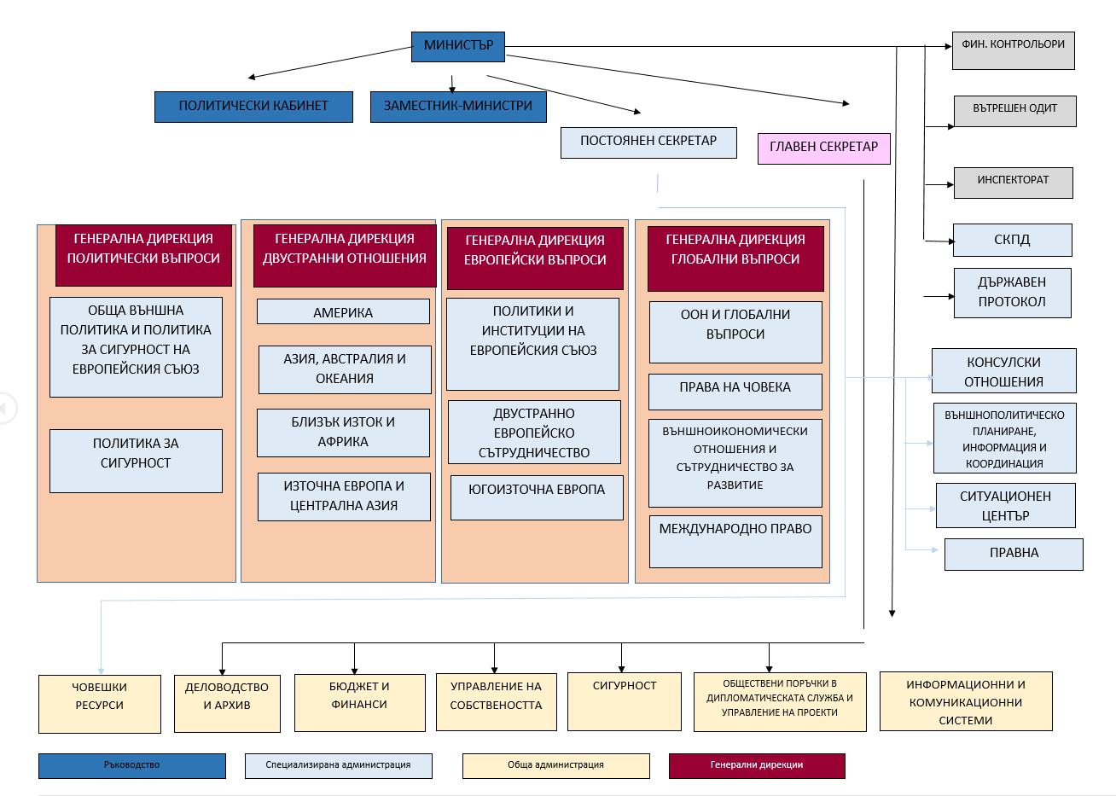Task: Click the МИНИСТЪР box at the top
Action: point(458,47)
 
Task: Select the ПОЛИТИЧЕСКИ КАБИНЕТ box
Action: point(253,107)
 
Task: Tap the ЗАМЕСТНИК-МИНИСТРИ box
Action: point(458,107)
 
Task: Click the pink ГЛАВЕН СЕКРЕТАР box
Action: point(824,148)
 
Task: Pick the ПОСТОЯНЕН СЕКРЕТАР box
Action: point(648,142)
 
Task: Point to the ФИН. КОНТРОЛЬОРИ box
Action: point(1014,50)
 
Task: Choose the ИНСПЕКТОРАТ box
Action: point(1014,183)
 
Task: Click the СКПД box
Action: point(1013,240)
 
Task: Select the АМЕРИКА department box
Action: point(343,311)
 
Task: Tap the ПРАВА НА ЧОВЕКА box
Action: point(735,392)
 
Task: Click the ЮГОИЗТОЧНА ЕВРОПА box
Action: point(537,497)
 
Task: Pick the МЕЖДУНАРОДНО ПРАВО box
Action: point(735,542)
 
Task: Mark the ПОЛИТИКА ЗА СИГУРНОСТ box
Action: point(136,461)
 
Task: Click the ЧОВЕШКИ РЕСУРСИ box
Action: point(100,704)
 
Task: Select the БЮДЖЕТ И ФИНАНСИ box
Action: point(360,703)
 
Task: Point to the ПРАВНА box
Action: point(1014,554)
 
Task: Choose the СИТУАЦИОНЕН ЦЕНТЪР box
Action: point(1005,505)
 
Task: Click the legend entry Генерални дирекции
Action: point(757,765)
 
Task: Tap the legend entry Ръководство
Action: point(132,765)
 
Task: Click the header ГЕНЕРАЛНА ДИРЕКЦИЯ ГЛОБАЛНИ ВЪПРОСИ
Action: point(735,259)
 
